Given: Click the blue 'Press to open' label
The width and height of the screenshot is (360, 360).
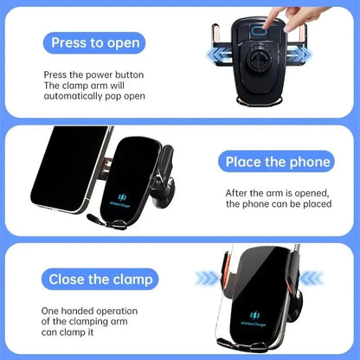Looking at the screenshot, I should point(97,42).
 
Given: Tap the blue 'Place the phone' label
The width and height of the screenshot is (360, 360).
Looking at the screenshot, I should point(278,162).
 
